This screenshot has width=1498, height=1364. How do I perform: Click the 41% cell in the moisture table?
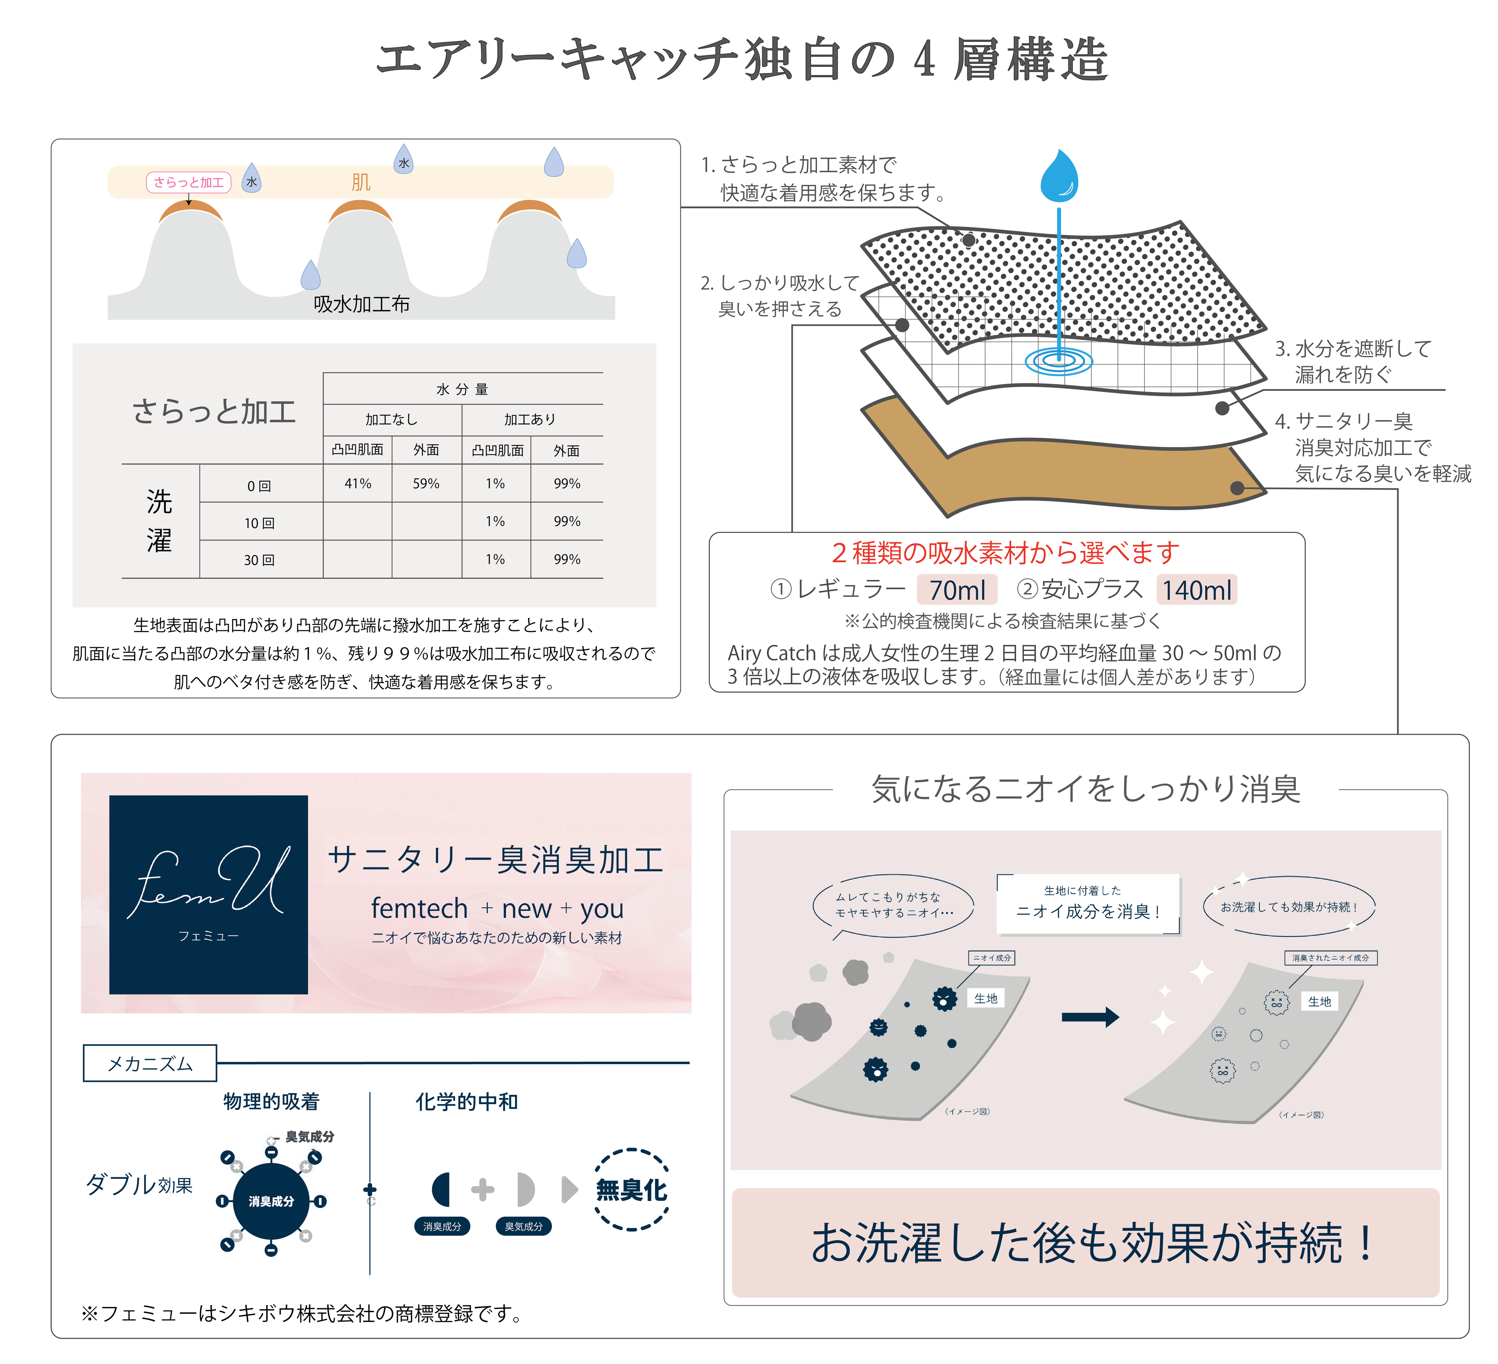(358, 483)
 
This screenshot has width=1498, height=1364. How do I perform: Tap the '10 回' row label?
(259, 523)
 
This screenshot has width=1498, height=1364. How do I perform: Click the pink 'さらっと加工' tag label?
(189, 182)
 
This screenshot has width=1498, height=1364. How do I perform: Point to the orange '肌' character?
(361, 182)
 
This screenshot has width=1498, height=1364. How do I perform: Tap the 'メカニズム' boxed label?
(150, 1063)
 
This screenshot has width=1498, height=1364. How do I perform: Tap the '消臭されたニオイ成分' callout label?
(1330, 957)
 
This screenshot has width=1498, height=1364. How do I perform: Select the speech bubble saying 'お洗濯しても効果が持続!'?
(1289, 907)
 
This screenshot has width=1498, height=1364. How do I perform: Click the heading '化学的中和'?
(467, 1102)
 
